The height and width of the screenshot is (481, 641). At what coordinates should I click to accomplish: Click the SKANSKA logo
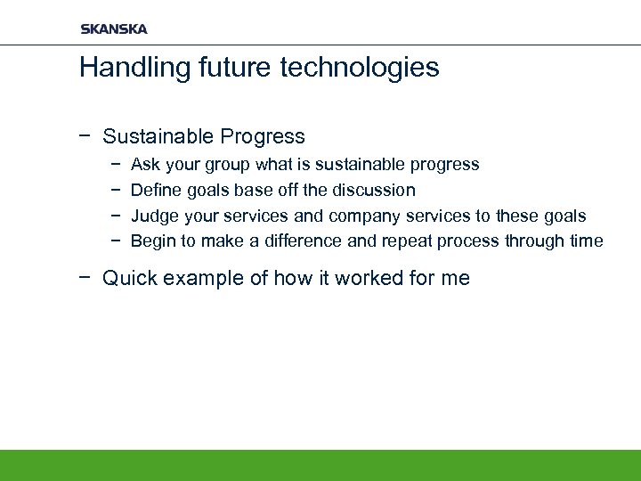tap(114, 29)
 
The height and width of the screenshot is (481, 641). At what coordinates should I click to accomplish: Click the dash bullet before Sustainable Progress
tap(85, 136)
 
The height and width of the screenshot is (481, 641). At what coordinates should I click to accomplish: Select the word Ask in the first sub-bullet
tap(145, 165)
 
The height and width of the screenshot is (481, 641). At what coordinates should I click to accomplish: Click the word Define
tap(155, 190)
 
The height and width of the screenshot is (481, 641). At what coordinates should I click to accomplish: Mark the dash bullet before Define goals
tap(117, 190)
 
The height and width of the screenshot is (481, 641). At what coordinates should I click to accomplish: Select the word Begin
tap(151, 240)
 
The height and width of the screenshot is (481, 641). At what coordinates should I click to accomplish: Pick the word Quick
tap(128, 278)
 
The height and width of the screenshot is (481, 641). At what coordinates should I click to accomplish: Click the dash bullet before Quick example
tap(85, 278)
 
